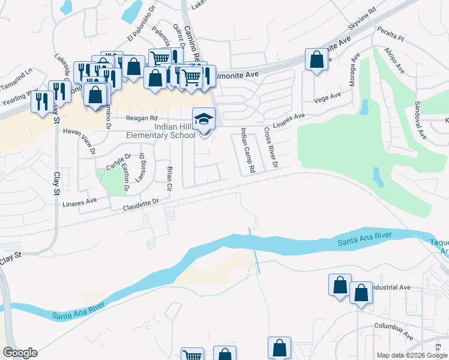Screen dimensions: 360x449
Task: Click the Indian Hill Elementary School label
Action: pos(160,131)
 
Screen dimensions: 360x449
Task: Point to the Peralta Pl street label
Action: pos(391,32)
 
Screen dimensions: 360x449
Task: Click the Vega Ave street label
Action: pos(327,97)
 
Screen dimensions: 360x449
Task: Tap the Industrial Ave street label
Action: pos(391,287)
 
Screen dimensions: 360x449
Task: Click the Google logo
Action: pos(19,353)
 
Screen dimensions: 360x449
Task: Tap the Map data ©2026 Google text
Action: pos(411,355)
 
